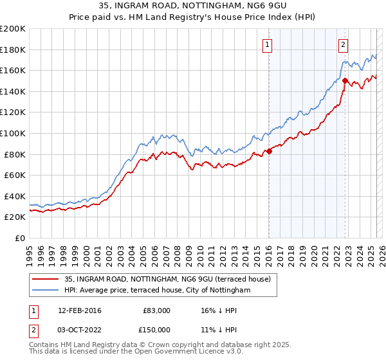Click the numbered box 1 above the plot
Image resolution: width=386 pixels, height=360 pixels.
[267, 45]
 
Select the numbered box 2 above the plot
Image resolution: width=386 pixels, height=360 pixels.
[344, 45]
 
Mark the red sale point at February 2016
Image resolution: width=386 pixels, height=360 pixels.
[269, 151]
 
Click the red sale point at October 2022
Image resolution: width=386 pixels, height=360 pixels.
[345, 81]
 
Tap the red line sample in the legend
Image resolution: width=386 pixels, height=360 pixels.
[44, 279]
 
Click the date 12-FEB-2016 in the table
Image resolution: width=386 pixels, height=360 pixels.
[80, 310]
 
